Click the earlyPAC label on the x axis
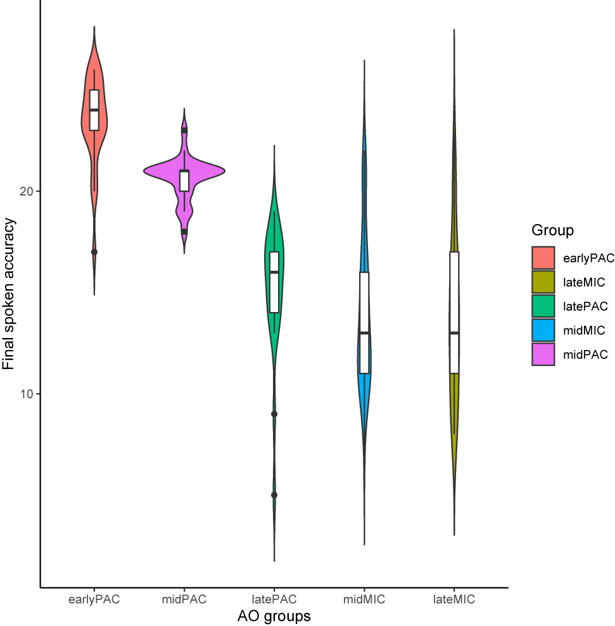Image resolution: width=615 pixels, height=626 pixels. (94, 599)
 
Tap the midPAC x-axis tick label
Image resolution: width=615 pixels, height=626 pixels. (184, 599)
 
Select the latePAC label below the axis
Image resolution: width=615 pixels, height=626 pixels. (274, 599)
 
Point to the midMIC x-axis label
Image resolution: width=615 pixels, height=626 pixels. (364, 599)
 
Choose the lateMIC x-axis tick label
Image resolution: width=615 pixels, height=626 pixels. (454, 599)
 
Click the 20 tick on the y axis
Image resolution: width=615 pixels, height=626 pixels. (27, 192)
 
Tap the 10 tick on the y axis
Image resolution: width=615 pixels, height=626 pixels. (27, 394)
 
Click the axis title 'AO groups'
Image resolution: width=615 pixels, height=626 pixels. (274, 615)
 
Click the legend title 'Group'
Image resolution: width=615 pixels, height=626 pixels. (552, 230)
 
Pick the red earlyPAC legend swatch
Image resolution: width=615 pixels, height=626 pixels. (543, 258)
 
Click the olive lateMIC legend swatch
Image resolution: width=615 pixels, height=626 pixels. (543, 282)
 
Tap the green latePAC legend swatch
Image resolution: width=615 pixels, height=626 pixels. (543, 306)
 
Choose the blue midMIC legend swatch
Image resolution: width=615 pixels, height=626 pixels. (543, 330)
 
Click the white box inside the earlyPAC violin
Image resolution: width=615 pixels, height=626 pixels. (94, 110)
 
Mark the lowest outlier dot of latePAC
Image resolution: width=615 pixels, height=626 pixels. (274, 495)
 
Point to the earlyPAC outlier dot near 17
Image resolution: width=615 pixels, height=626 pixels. (94, 252)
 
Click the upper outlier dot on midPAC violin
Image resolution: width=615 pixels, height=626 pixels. (184, 130)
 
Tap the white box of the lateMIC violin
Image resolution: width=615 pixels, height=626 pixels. (454, 312)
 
